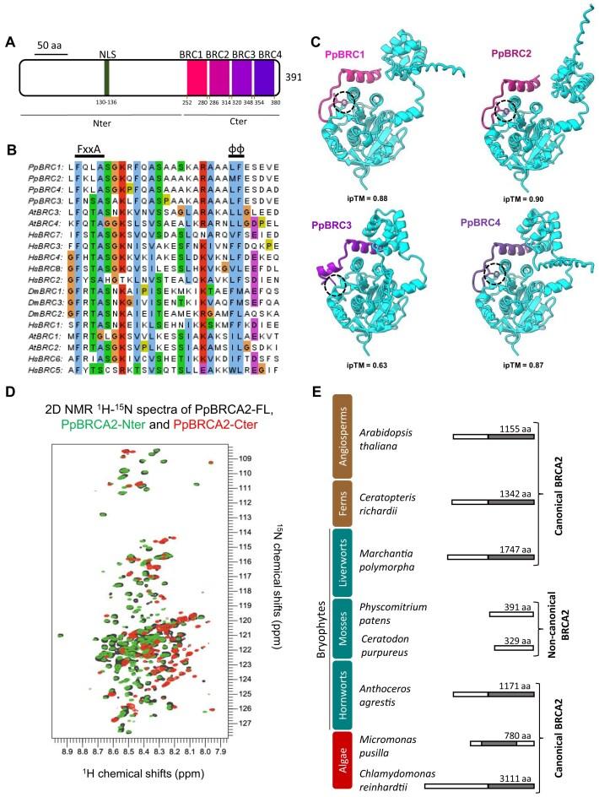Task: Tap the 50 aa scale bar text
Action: point(51,42)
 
